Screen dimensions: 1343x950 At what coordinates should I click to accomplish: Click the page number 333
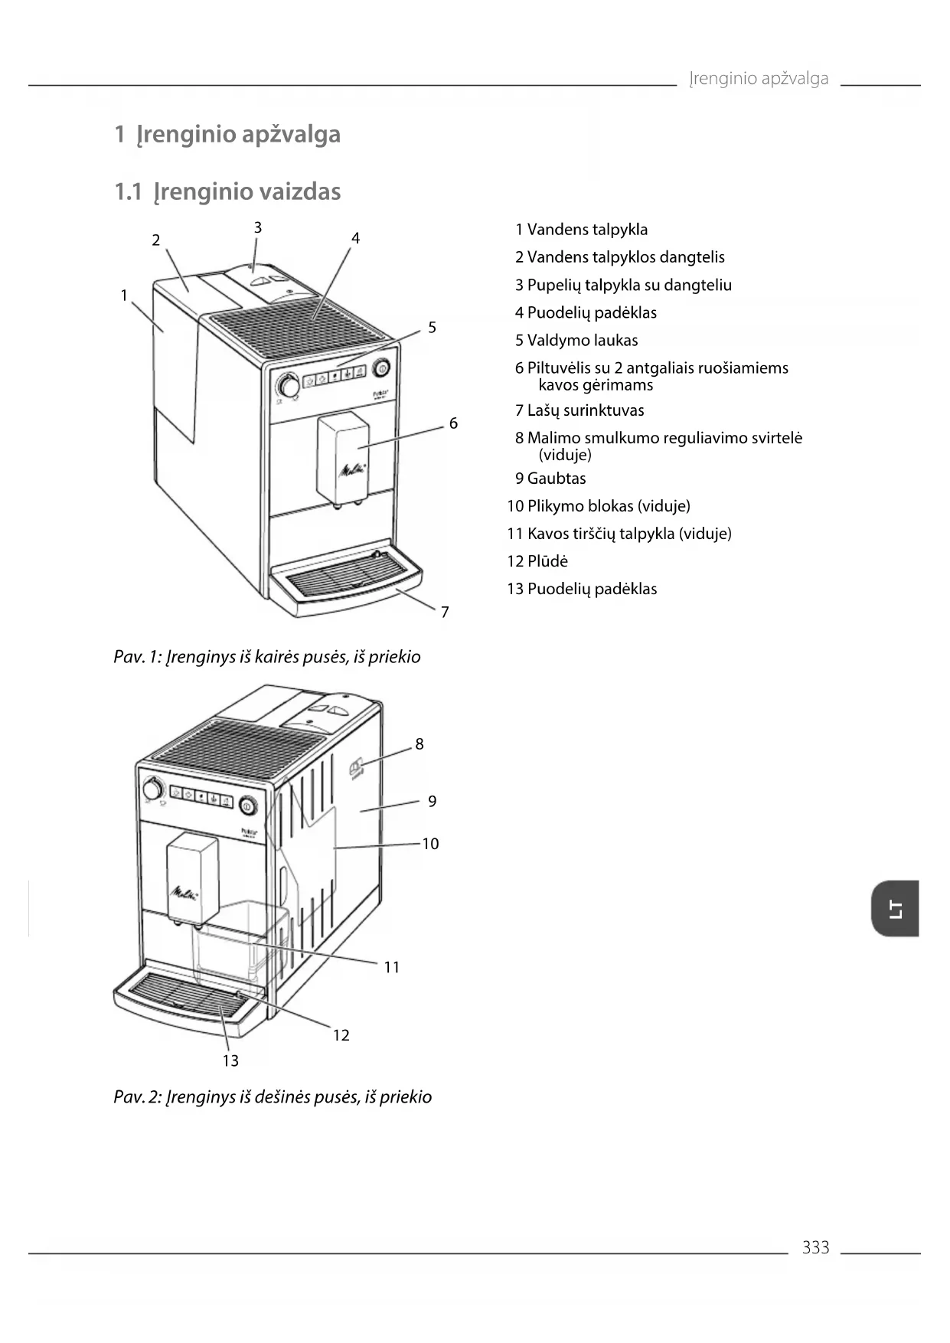point(815,1247)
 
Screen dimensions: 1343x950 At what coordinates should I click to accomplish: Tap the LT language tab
point(895,909)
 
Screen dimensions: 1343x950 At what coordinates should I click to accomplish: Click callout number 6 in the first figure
point(453,423)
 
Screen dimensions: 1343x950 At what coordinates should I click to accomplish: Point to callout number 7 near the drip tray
point(445,612)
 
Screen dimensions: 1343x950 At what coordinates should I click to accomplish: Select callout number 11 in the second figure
point(392,968)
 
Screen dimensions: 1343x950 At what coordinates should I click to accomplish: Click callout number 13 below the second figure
point(230,1061)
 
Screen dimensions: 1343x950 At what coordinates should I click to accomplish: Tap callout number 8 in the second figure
point(420,744)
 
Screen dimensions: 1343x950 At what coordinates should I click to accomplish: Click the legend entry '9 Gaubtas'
point(550,479)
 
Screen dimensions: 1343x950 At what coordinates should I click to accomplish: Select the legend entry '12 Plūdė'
point(537,561)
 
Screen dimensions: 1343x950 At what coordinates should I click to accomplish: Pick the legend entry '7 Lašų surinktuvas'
point(579,410)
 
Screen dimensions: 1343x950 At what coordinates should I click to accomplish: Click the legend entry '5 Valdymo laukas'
point(576,341)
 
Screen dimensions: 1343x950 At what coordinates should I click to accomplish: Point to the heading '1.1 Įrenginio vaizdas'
point(227,191)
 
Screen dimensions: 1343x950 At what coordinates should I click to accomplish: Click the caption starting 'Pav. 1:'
point(267,657)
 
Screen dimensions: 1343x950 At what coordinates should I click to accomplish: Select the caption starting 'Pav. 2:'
point(273,1097)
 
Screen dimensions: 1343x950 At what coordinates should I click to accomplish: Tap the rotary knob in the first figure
point(289,385)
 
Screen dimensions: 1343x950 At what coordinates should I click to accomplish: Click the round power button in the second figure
point(247,805)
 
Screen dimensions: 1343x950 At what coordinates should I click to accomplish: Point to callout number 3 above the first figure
point(258,227)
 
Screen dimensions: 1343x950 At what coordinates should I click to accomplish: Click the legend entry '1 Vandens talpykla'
point(581,230)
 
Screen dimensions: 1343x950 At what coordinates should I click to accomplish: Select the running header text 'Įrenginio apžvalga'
point(758,79)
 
